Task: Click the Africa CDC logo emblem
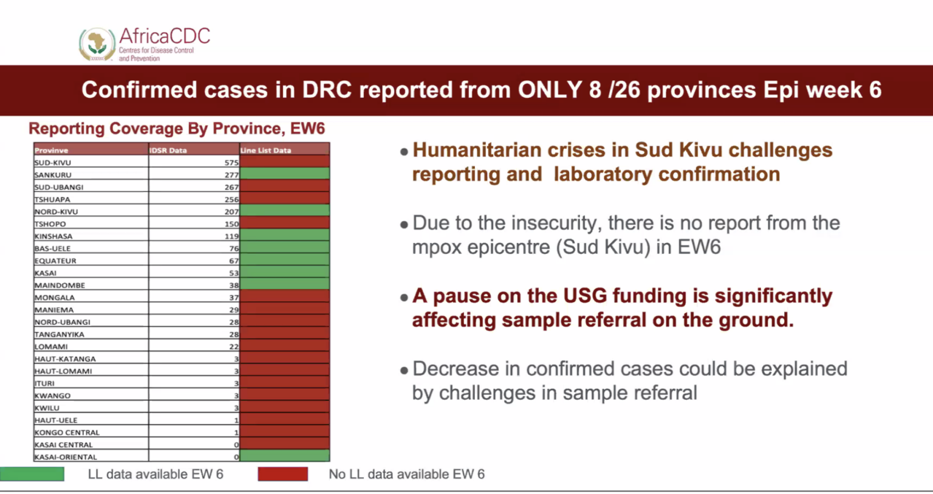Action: (x=97, y=44)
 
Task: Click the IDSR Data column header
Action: (x=168, y=150)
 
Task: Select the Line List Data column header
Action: (x=266, y=150)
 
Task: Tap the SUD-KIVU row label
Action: (x=53, y=163)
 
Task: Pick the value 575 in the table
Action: (x=231, y=163)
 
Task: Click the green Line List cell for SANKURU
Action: (x=284, y=174)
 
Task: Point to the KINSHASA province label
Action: (x=53, y=236)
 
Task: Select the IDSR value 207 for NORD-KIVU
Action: (x=231, y=211)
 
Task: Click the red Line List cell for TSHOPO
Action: (x=284, y=224)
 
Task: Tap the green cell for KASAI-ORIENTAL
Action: (x=284, y=456)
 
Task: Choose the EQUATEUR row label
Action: (x=55, y=261)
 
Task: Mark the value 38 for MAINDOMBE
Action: (x=234, y=285)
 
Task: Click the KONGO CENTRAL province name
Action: (x=67, y=433)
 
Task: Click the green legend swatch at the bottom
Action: (x=32, y=474)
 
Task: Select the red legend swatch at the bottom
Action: (x=282, y=474)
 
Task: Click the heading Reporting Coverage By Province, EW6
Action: (x=177, y=129)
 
